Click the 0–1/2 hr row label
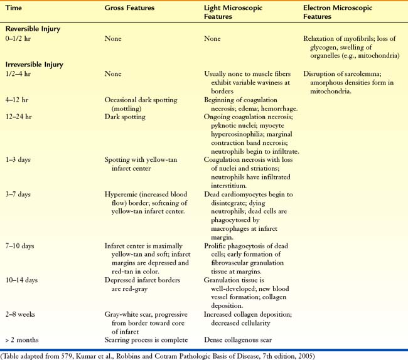point(19,39)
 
